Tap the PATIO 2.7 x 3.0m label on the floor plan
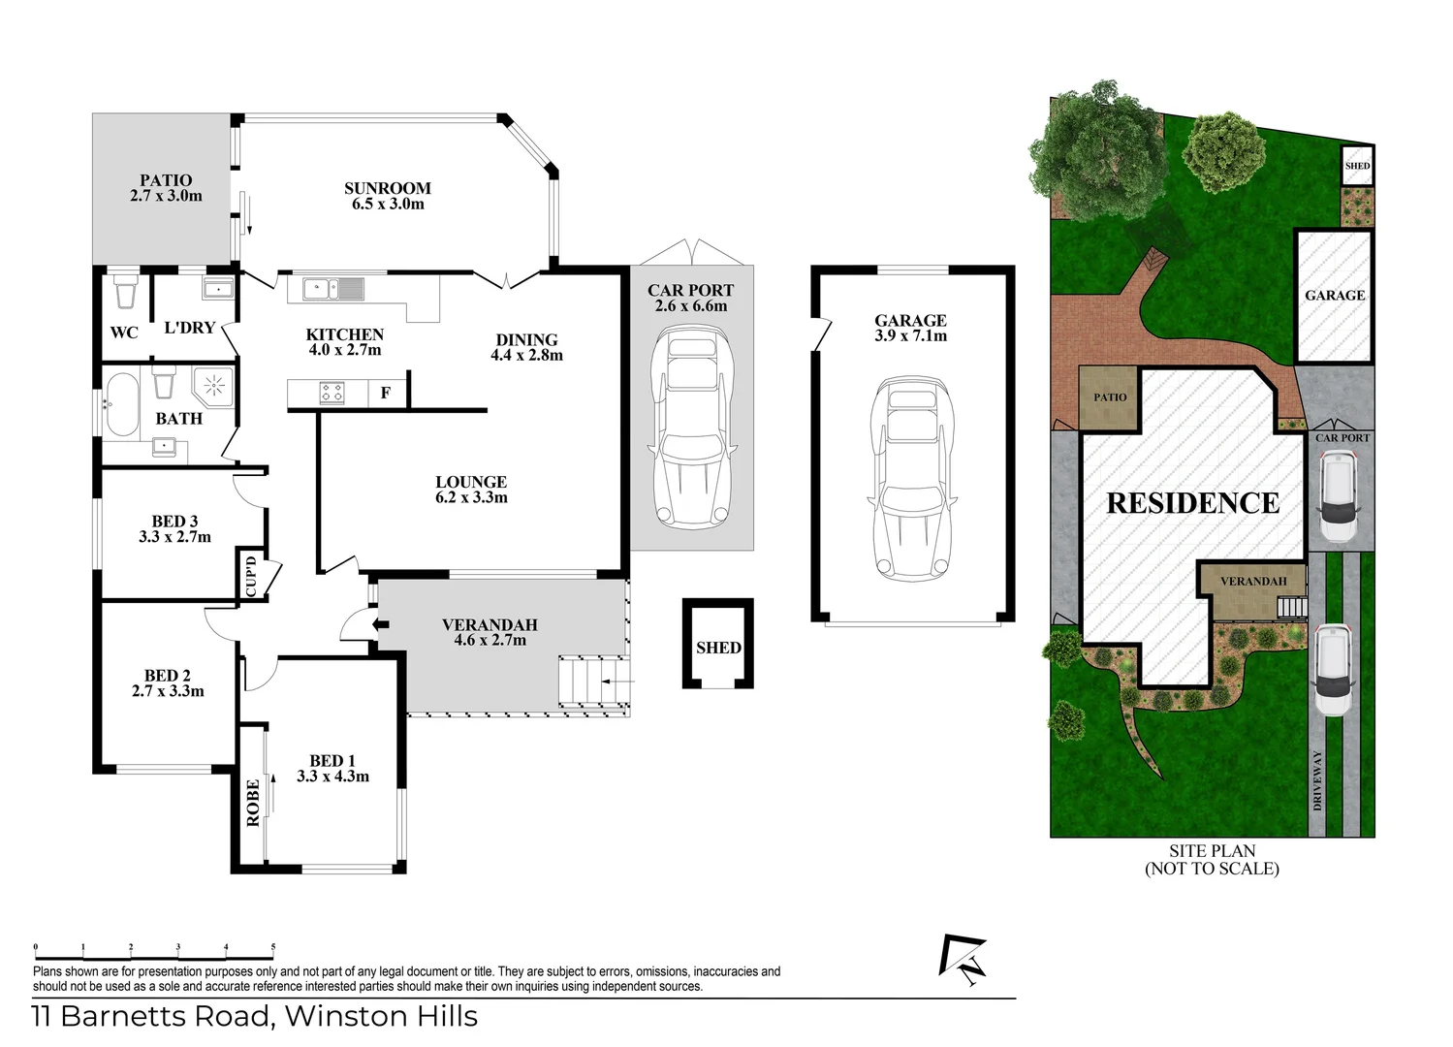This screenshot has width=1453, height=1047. [x=166, y=188]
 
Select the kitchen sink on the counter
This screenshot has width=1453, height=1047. [x=332, y=288]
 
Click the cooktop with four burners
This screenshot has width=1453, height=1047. [x=332, y=393]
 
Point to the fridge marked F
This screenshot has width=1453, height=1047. [x=386, y=393]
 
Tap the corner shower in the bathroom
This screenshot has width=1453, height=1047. [x=214, y=386]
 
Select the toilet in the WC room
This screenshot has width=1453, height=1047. [x=125, y=293]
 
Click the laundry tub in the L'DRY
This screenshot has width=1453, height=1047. [x=217, y=289]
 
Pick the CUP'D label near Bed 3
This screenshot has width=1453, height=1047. [x=250, y=575]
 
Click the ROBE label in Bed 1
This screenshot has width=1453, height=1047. [x=253, y=803]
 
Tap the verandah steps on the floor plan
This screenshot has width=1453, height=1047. [x=593, y=682]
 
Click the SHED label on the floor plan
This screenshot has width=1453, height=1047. [x=718, y=648]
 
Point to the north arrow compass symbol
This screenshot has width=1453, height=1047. [x=963, y=960]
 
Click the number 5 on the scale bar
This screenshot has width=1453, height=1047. [x=273, y=947]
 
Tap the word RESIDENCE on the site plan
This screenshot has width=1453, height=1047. [x=1193, y=503]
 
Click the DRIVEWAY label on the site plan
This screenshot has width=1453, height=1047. [x=1317, y=780]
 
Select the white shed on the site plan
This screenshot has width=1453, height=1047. [x=1357, y=165]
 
